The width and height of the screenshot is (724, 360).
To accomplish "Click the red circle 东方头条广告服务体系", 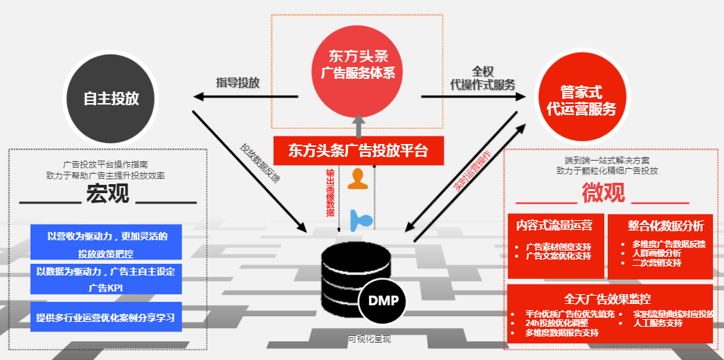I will [357, 64].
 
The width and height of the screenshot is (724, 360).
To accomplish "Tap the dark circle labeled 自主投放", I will [111, 98].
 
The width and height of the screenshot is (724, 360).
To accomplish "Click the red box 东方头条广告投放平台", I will [358, 150].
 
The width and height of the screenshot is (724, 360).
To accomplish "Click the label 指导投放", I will [237, 82].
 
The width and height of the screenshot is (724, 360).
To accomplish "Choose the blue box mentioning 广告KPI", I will [106, 278].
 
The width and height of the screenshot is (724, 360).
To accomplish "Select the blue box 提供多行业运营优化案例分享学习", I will [106, 317].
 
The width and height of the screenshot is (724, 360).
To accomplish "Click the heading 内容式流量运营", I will [554, 225].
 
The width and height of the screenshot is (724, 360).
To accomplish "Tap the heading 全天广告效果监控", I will [608, 298].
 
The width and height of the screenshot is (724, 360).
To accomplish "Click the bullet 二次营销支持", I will [656, 263].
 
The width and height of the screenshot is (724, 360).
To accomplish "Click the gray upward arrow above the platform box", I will [358, 125].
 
